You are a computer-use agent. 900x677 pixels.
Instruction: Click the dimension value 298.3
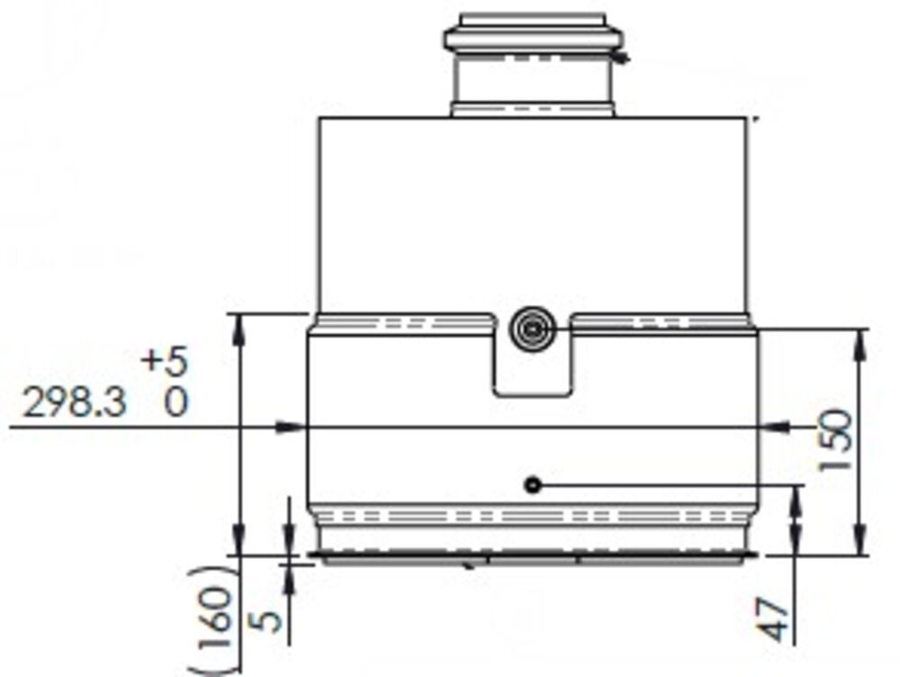pyautogui.click(x=75, y=402)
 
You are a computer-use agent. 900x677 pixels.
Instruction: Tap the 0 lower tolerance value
pyautogui.click(x=177, y=402)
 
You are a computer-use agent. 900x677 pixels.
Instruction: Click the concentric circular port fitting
pyautogui.click(x=533, y=329)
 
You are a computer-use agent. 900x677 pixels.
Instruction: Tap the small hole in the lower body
pyautogui.click(x=533, y=485)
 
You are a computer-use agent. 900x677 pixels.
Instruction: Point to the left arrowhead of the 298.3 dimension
pyautogui.click(x=290, y=427)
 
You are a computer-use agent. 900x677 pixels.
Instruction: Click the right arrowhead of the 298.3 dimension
pyautogui.click(x=775, y=427)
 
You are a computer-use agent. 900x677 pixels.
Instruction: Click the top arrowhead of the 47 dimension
pyautogui.click(x=796, y=500)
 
